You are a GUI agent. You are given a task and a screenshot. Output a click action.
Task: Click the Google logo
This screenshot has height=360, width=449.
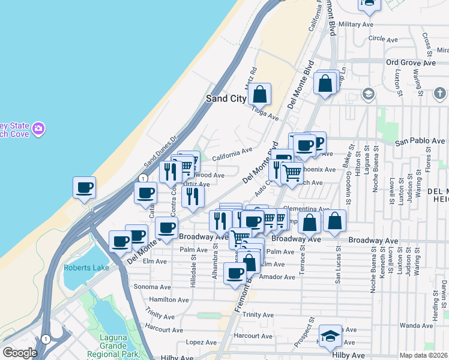coord(20,353)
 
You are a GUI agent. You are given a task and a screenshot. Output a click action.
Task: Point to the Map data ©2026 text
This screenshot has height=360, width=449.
coord(423,355)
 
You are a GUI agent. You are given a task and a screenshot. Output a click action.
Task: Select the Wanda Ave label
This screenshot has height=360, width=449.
coord(416,325)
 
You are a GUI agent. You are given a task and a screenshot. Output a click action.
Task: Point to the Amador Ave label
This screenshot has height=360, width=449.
coord(281,277)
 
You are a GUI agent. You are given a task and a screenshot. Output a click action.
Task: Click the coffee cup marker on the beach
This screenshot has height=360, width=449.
coord(85,187)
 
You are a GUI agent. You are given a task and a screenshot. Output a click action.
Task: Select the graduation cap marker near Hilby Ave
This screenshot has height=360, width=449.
coord(330,336)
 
